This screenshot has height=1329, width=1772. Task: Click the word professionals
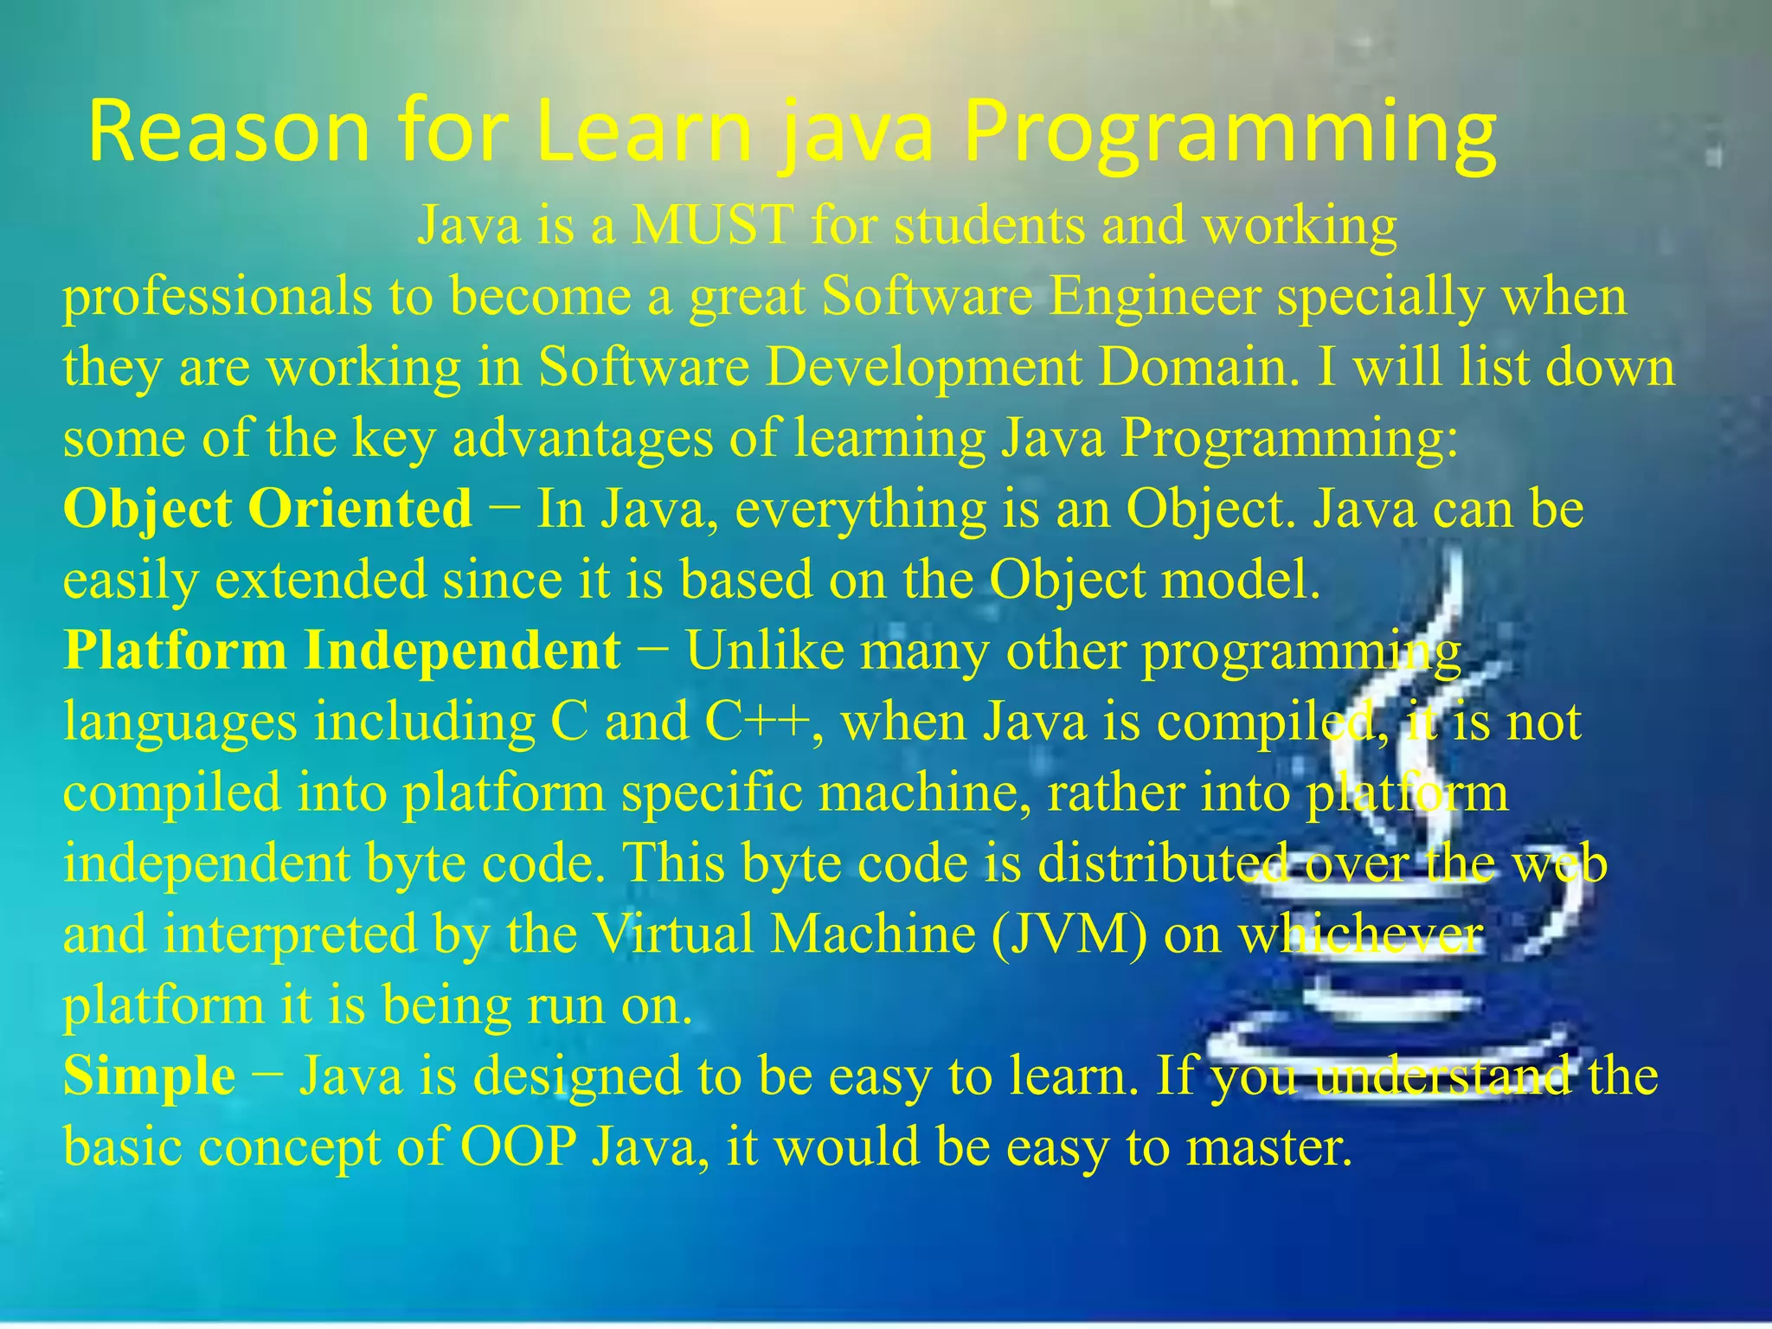tap(216, 296)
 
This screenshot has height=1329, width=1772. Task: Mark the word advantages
tap(582, 438)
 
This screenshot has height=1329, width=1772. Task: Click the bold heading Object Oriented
tap(267, 509)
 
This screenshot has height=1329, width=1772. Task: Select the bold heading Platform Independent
tap(342, 651)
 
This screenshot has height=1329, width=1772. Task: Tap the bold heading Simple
tap(149, 1076)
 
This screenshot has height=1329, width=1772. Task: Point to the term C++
tap(757, 722)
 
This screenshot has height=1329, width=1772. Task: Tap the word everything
tap(861, 509)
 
